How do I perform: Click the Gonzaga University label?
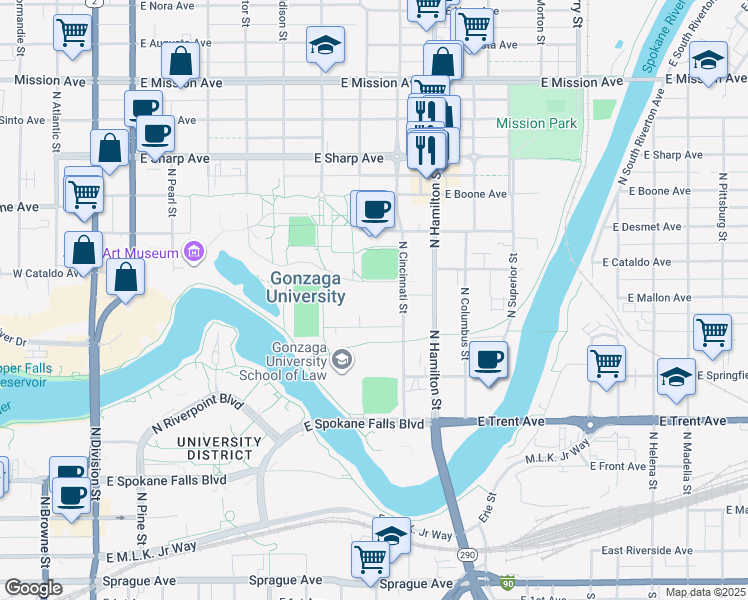[307, 287]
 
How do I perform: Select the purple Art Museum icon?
[194, 253]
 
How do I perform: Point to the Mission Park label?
[536, 124]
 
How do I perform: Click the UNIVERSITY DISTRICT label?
[214, 448]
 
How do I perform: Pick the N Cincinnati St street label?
[402, 277]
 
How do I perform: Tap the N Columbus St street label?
[465, 323]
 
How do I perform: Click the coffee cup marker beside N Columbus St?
[488, 359]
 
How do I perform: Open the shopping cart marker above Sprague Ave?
[370, 558]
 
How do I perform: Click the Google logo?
[32, 588]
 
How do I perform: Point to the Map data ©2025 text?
[705, 592]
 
